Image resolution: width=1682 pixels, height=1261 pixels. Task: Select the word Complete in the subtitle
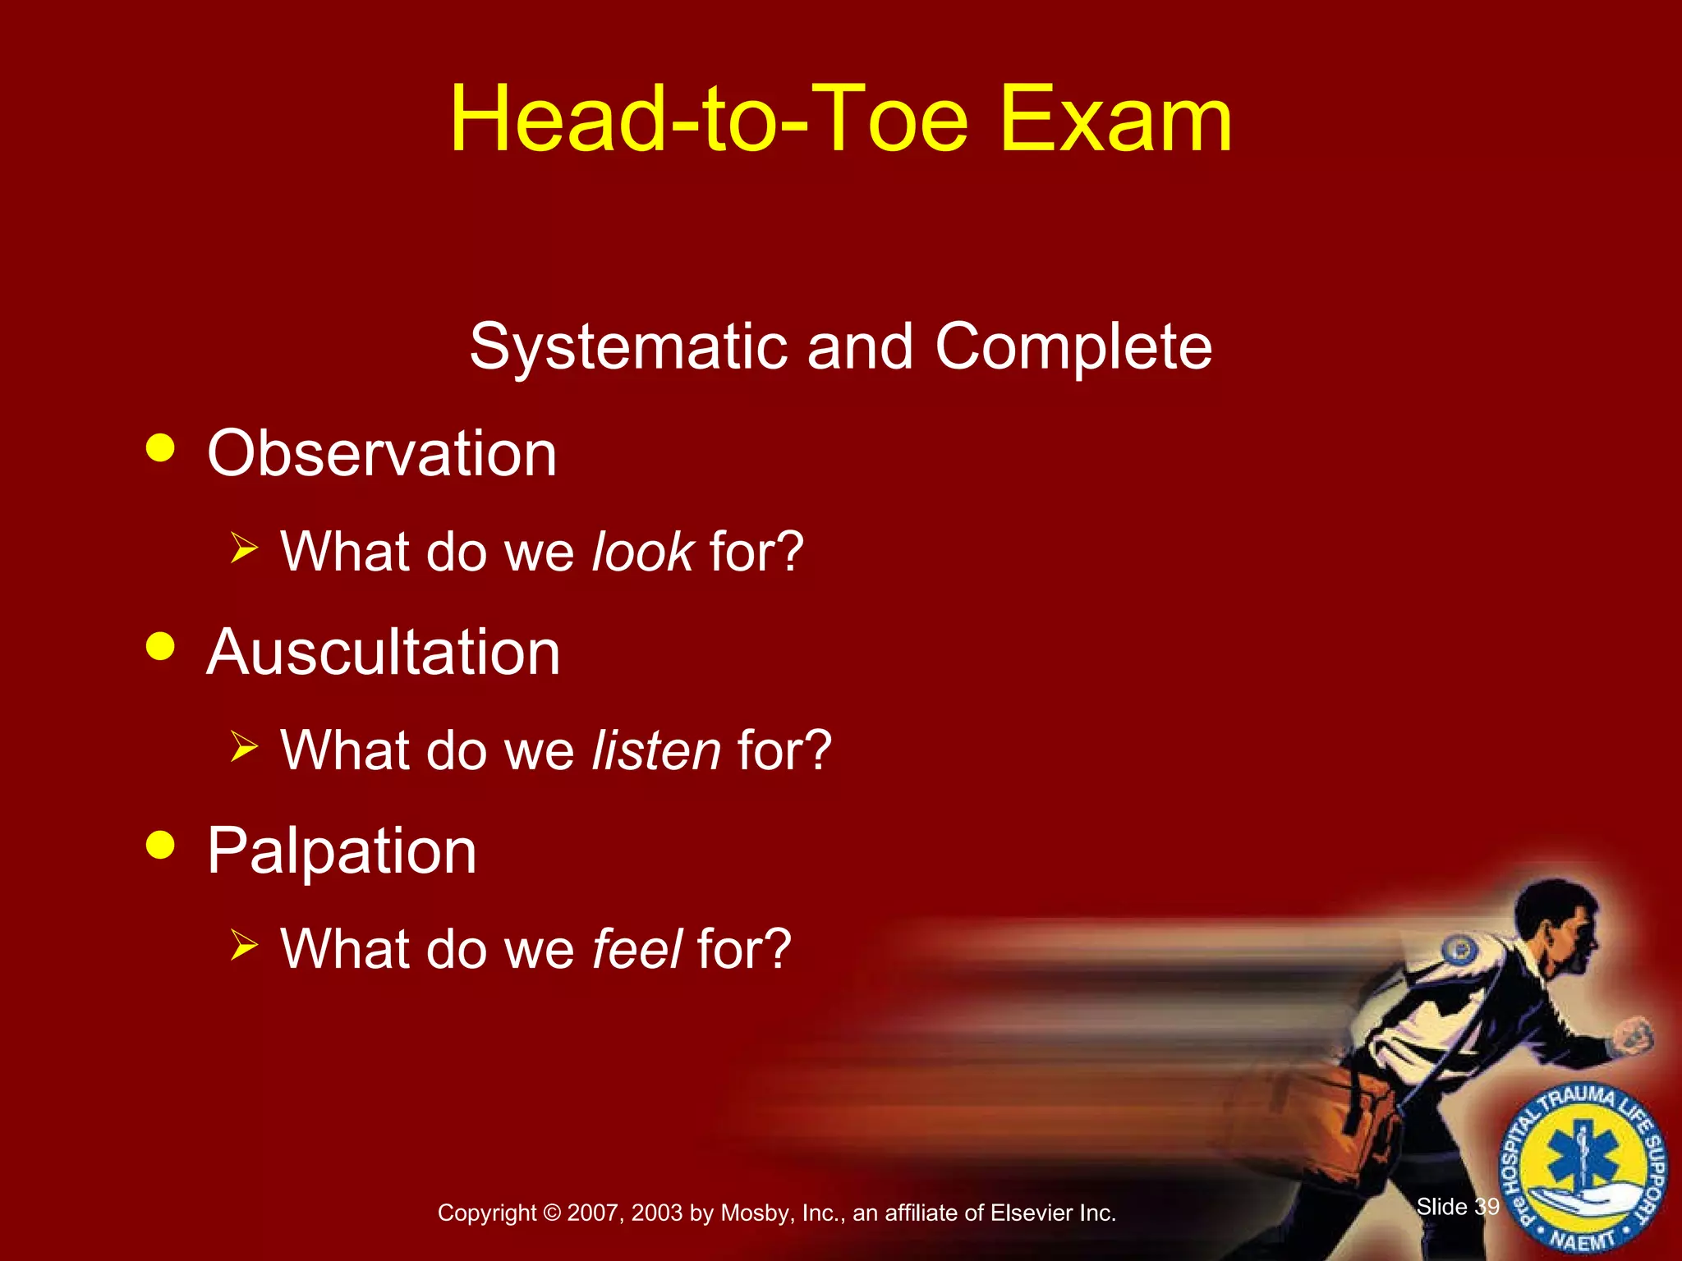click(x=1073, y=346)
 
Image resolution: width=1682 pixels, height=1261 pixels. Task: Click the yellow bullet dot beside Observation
click(x=160, y=448)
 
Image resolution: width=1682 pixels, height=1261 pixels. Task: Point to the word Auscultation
click(x=383, y=652)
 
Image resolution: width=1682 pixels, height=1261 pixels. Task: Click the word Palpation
click(x=342, y=851)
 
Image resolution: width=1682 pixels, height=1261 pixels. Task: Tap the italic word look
click(x=643, y=551)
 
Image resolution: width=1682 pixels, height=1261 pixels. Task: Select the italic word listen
click(x=656, y=750)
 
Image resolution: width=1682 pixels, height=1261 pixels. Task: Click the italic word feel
click(x=636, y=948)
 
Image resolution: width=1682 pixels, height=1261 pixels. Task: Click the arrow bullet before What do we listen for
click(x=244, y=746)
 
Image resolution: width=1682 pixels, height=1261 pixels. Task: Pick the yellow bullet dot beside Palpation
click(x=160, y=845)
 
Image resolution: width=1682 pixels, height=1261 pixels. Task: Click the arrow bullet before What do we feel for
click(x=244, y=945)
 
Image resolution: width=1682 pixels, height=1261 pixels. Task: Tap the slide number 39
click(x=1487, y=1207)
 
